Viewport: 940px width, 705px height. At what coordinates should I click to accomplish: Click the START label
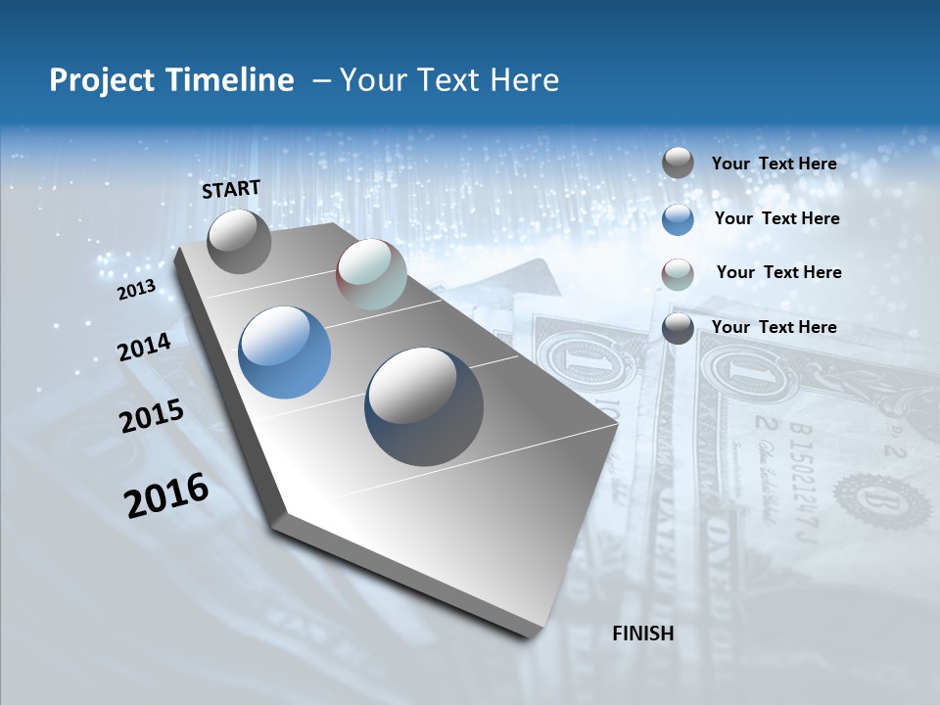coord(231,188)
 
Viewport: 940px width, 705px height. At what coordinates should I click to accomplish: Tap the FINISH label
coord(643,634)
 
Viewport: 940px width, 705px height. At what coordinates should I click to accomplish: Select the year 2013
coord(137,289)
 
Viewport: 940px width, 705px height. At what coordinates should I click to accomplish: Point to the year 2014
coord(145,347)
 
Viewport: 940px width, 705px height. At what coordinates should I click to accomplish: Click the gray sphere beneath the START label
coord(239,242)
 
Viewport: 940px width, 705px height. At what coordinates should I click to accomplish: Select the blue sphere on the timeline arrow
coord(285,352)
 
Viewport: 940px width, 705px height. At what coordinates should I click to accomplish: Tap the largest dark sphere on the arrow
coord(424,406)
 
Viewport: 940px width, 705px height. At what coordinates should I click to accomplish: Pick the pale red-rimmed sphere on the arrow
coord(371,274)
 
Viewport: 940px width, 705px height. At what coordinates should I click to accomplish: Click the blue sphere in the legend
coord(678,219)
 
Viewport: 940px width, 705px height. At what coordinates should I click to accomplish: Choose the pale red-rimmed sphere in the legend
coord(678,274)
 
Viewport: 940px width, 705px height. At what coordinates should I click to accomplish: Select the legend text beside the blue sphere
coord(776,218)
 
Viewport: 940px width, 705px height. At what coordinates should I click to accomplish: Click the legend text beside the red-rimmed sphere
coord(778,272)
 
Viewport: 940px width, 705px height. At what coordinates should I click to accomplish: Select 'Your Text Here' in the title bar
coord(449,80)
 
